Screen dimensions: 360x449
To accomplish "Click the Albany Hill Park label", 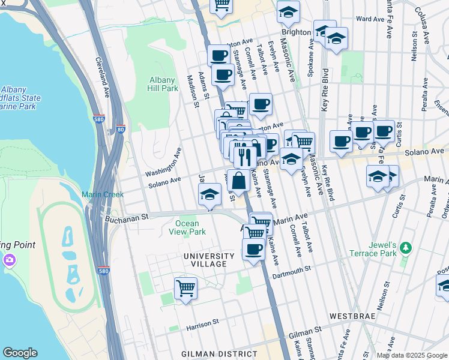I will pos(163,84).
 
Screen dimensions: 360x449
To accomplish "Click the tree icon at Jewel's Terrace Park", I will pos(406,247).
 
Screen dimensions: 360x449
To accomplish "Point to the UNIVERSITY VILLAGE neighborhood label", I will pos(205,260).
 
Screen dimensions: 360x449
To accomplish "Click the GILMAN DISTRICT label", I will pos(220,354).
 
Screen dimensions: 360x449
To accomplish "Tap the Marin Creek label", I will pos(103,194).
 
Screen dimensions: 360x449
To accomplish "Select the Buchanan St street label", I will pos(127,218).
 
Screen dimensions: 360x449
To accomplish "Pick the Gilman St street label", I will pos(309,332).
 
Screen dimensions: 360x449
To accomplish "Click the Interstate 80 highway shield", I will pos(121,128).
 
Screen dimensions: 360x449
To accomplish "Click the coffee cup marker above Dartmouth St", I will pos(253,248).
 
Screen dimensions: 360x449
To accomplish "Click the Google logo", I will pos(20,353).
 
